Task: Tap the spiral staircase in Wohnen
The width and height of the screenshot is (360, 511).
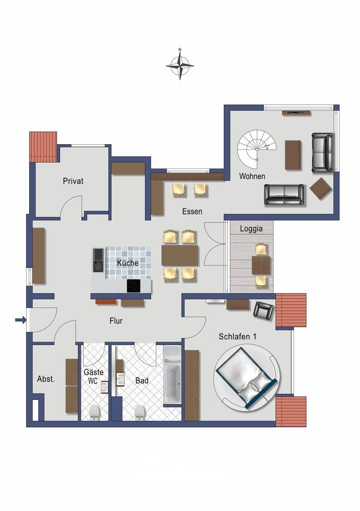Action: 256,145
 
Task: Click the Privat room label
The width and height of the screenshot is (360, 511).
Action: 73,181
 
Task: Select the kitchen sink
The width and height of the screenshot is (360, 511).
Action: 98,260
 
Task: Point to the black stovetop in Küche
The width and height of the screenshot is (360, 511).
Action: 134,286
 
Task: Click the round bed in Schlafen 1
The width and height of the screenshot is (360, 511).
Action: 247,379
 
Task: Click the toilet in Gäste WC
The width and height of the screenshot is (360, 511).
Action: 94,412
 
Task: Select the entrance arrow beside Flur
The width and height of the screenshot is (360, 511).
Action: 21,320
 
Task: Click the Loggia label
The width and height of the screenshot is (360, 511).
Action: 251,229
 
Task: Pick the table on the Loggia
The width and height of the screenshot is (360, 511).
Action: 261,265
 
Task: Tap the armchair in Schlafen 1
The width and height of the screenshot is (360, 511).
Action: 263,311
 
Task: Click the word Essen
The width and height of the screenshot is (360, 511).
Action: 192,211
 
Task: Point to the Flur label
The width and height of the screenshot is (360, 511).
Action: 116,321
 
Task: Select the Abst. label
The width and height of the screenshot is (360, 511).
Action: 46,379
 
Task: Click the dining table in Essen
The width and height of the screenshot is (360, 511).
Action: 180,255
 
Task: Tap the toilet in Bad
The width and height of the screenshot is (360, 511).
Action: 140,412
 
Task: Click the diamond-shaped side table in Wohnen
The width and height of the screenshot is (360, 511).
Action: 320,188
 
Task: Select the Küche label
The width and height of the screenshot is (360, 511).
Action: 128,263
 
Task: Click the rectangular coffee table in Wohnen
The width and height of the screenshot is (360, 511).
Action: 293,155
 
